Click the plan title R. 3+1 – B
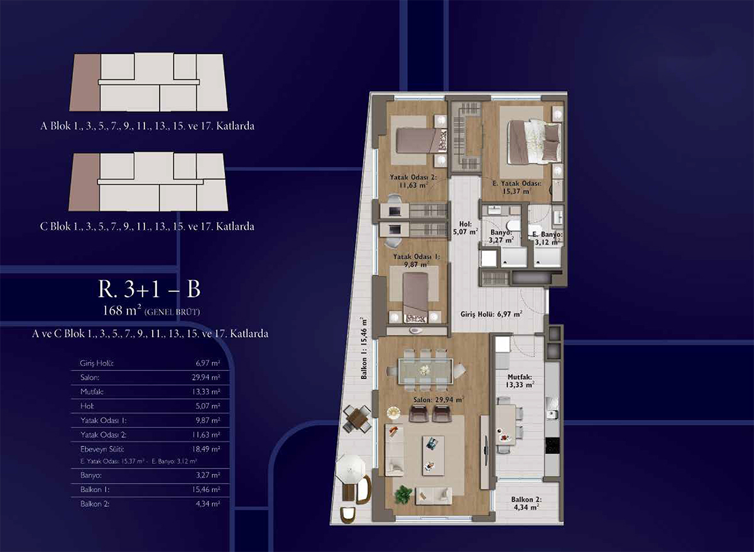pyautogui.click(x=149, y=289)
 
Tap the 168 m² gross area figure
pyautogui.click(x=121, y=311)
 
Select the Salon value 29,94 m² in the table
pyautogui.click(x=206, y=378)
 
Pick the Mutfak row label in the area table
pyautogui.click(x=92, y=392)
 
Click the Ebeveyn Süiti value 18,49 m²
pyautogui.click(x=206, y=450)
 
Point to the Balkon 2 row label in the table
pyautogui.click(x=95, y=504)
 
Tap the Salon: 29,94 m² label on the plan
pyautogui.click(x=439, y=400)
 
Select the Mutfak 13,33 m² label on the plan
pyautogui.click(x=520, y=381)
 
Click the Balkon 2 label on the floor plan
pyautogui.click(x=526, y=503)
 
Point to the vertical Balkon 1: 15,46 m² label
pyautogui.click(x=364, y=348)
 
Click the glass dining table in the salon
pyautogui.click(x=425, y=370)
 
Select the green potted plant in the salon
pyautogui.click(x=403, y=495)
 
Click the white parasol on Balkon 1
pyautogui.click(x=351, y=468)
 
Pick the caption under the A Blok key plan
pyautogui.click(x=147, y=126)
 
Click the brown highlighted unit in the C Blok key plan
pyautogui.click(x=85, y=182)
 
